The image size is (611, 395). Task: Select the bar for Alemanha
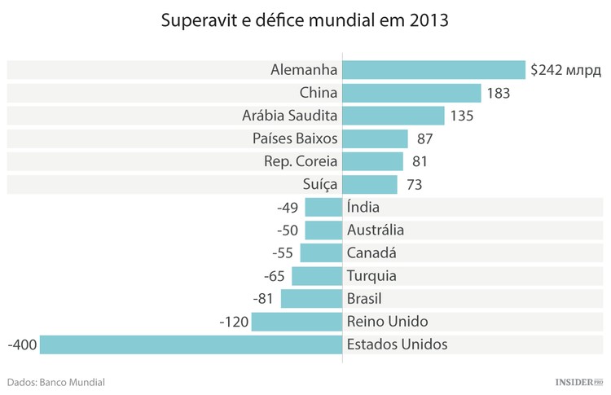pos(433,70)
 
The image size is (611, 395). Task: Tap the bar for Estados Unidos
pos(191,345)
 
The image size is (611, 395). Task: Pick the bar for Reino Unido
pos(297,322)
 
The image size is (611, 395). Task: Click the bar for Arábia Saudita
pos(393,116)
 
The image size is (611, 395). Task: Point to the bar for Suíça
pos(369,184)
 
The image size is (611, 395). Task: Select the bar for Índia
pos(323,207)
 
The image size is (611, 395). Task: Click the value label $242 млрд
pos(565,71)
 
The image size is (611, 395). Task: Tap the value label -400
pos(21,345)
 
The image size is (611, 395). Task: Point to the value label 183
pos(498,94)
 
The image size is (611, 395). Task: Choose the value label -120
pos(234,322)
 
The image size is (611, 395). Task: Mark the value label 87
pos(424,139)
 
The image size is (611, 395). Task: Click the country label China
pos(319,93)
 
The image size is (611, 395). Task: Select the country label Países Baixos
pos(295,138)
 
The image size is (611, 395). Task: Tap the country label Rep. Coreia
pos(301,161)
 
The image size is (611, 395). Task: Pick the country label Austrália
pos(375,230)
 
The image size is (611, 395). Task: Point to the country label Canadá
pos(371,253)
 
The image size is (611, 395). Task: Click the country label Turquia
pos(371,276)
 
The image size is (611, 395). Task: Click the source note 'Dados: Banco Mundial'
pos(55,381)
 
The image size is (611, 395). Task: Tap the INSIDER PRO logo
pos(578,381)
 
